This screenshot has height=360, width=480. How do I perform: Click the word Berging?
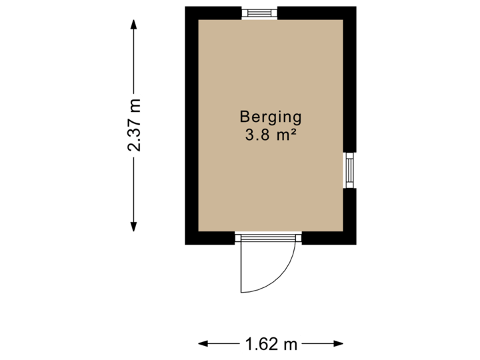271,118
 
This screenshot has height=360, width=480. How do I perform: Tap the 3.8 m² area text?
271,135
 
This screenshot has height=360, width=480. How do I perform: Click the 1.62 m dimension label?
271,344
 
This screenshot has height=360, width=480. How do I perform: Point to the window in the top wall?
259,13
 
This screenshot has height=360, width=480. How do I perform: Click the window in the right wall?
350,171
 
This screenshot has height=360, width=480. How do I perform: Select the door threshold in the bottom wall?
269,238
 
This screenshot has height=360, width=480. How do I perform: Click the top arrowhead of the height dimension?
135,24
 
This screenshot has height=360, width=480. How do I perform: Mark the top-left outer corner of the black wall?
186,7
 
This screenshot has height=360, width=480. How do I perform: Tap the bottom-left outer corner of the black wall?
186,244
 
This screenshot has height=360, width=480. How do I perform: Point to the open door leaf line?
241,267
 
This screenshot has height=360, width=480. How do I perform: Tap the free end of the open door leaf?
241,292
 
